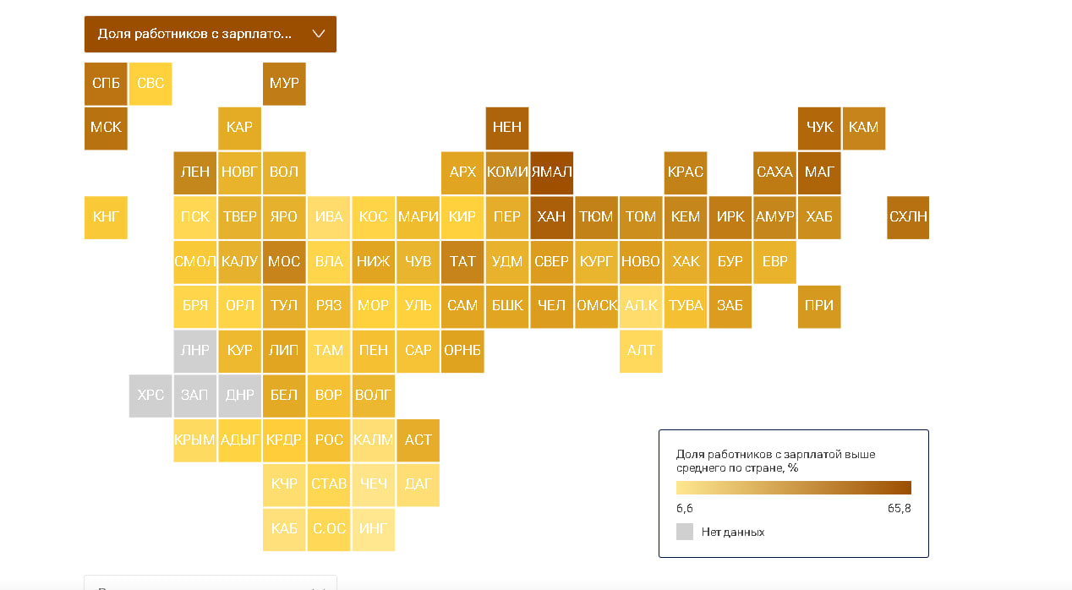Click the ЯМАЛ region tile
point(551,172)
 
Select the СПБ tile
point(106,84)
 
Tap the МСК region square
point(106,128)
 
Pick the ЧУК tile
point(819,128)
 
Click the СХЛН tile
point(908,217)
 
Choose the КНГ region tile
point(106,217)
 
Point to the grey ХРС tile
point(150,396)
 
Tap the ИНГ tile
point(373,529)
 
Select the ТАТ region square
point(462,262)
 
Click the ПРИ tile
point(819,306)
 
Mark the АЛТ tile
point(641,351)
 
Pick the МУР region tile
point(284,84)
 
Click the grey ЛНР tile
point(195,351)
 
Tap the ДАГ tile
point(418,484)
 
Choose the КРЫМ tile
point(195,440)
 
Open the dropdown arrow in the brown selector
point(319,35)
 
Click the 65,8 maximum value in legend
point(897,509)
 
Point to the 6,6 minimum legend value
point(685,509)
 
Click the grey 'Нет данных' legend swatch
point(685,532)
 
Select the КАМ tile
point(863,128)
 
